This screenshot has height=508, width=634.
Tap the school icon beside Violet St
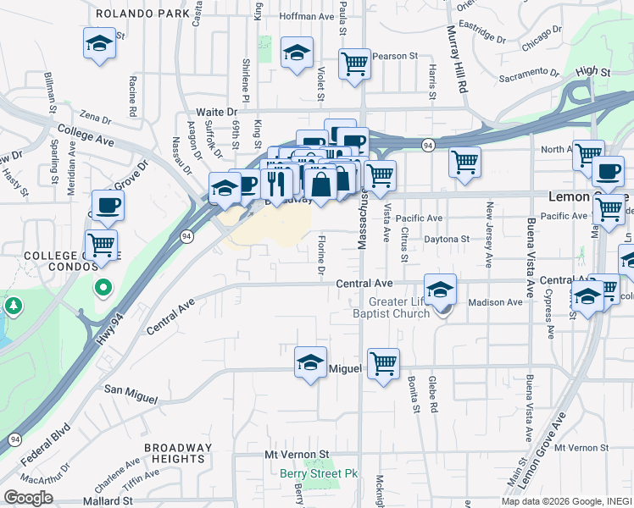(x=297, y=52)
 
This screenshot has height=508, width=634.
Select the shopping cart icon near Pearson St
(x=355, y=63)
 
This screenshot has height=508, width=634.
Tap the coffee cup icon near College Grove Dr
(x=107, y=204)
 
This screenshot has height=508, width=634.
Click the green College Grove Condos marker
(x=103, y=289)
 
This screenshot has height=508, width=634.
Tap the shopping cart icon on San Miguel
(x=383, y=363)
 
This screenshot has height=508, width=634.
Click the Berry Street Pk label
(x=320, y=473)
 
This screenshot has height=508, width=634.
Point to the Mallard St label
(x=109, y=500)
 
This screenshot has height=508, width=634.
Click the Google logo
(x=28, y=498)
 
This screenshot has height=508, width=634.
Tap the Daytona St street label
(x=447, y=240)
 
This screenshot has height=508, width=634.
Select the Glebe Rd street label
(x=432, y=394)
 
